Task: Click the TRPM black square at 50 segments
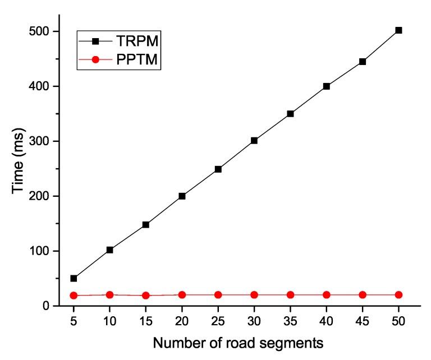point(398,30)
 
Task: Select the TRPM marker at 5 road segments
point(74,278)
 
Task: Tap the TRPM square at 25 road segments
point(218,169)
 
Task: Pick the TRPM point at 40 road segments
point(326,86)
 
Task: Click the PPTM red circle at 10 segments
point(109,294)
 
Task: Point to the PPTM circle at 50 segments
point(398,294)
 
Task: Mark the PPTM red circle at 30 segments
point(254,294)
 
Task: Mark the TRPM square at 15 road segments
point(145,224)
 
